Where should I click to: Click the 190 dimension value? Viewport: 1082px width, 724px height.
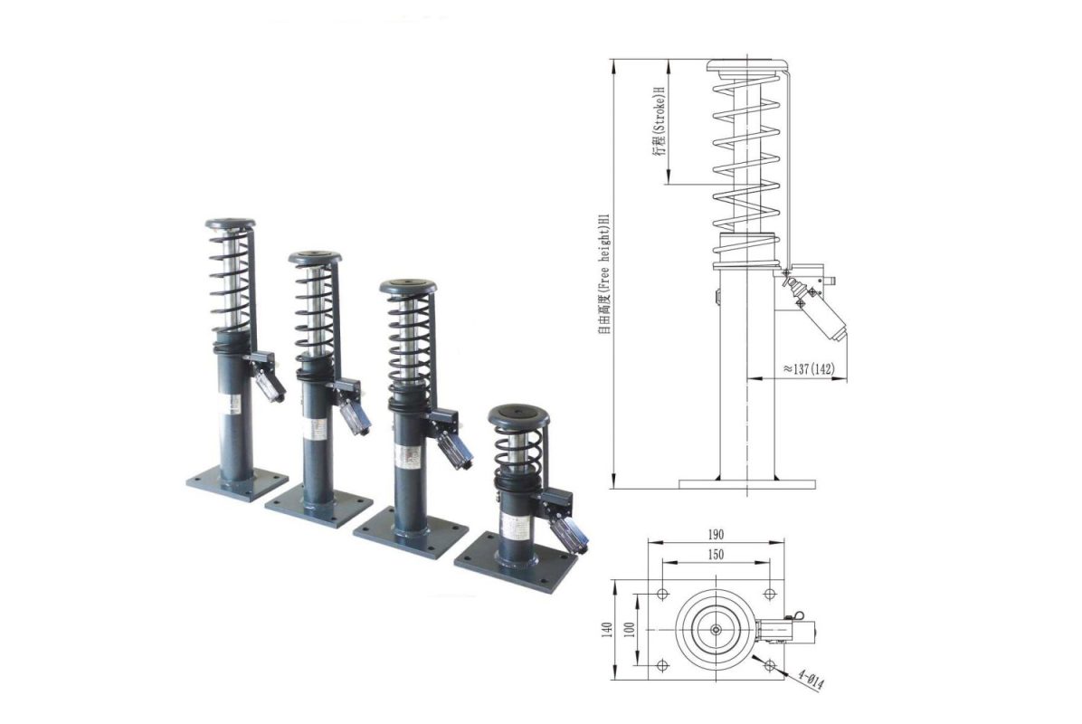tap(715, 534)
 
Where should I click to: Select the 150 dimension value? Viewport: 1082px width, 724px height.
tap(715, 554)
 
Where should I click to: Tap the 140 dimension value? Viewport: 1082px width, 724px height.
tap(607, 630)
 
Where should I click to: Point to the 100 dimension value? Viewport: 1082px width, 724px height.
tap(629, 630)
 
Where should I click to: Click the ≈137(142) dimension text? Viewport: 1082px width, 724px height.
tap(808, 368)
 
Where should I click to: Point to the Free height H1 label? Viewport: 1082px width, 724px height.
tap(604, 274)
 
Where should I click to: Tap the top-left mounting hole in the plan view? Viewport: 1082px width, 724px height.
tap(662, 594)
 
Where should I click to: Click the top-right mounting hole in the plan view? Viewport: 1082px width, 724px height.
tap(769, 594)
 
